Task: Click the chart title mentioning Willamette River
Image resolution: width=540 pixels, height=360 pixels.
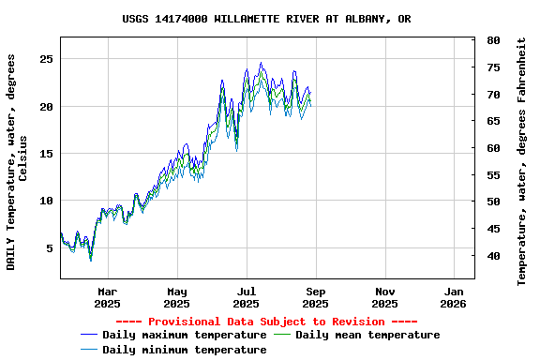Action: tap(266, 19)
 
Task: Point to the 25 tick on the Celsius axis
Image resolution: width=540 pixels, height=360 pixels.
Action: tap(46, 59)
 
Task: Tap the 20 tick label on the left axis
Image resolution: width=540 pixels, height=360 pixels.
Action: tap(46, 107)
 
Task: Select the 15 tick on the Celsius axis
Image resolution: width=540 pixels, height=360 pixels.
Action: tap(46, 154)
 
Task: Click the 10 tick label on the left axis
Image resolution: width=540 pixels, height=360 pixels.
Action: tap(46, 201)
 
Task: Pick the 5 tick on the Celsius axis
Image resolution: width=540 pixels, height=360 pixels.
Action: tap(50, 248)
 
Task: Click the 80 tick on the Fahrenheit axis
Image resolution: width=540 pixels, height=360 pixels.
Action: tap(493, 40)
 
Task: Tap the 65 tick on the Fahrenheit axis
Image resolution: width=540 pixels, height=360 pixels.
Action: tap(493, 121)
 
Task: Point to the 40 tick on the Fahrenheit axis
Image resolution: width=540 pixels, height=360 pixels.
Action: tap(493, 255)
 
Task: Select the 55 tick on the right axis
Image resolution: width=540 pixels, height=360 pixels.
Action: tap(493, 175)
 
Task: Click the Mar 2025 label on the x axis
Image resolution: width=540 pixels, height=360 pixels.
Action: tap(108, 297)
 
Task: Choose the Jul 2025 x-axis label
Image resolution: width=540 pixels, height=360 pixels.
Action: tap(246, 297)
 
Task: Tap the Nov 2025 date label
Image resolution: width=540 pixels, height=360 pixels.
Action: tap(384, 297)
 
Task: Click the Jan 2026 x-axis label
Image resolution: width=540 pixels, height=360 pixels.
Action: tap(453, 297)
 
